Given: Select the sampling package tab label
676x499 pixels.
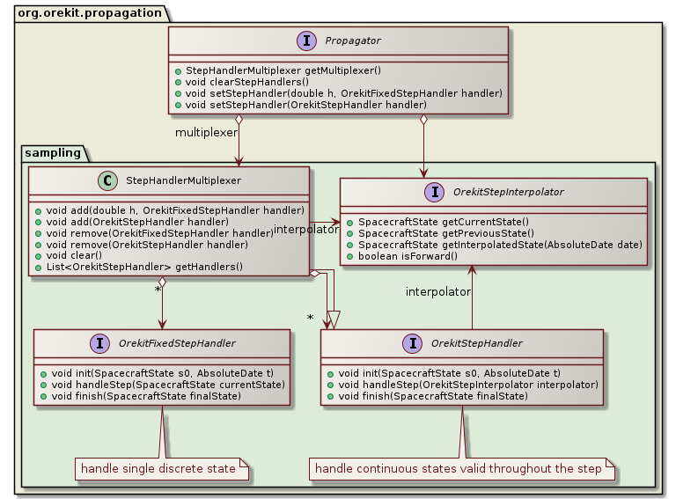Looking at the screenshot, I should click(54, 152).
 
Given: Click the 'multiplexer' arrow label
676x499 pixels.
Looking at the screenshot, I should click(206, 132).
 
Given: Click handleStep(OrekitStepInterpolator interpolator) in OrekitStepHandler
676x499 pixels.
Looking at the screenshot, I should click(462, 385).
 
